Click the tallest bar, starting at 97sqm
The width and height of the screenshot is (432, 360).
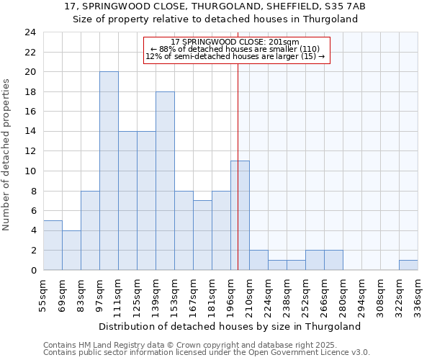pyautogui.click(x=109, y=171)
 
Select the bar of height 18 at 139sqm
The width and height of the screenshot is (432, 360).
pyautogui.click(x=165, y=181)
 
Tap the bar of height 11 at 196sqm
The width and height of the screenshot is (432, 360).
pyautogui.click(x=240, y=215)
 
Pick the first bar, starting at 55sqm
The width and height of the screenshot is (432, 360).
pyautogui.click(x=53, y=246)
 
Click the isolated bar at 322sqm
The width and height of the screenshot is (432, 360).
pyautogui.click(x=408, y=265)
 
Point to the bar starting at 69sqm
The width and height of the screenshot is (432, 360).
pyautogui.click(x=71, y=250)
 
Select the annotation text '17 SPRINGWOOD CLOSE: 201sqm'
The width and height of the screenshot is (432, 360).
pyautogui.click(x=235, y=42)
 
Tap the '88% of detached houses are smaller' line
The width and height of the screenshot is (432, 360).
pyautogui.click(x=235, y=49)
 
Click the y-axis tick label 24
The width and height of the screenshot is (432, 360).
pyautogui.click(x=30, y=32)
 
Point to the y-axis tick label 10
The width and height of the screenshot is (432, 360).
pyautogui.click(x=30, y=171)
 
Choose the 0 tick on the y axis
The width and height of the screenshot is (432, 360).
pyautogui.click(x=32, y=270)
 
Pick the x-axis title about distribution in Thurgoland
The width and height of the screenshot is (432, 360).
pyautogui.click(x=229, y=326)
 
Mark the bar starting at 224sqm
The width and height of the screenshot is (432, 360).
pyautogui.click(x=277, y=265)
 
